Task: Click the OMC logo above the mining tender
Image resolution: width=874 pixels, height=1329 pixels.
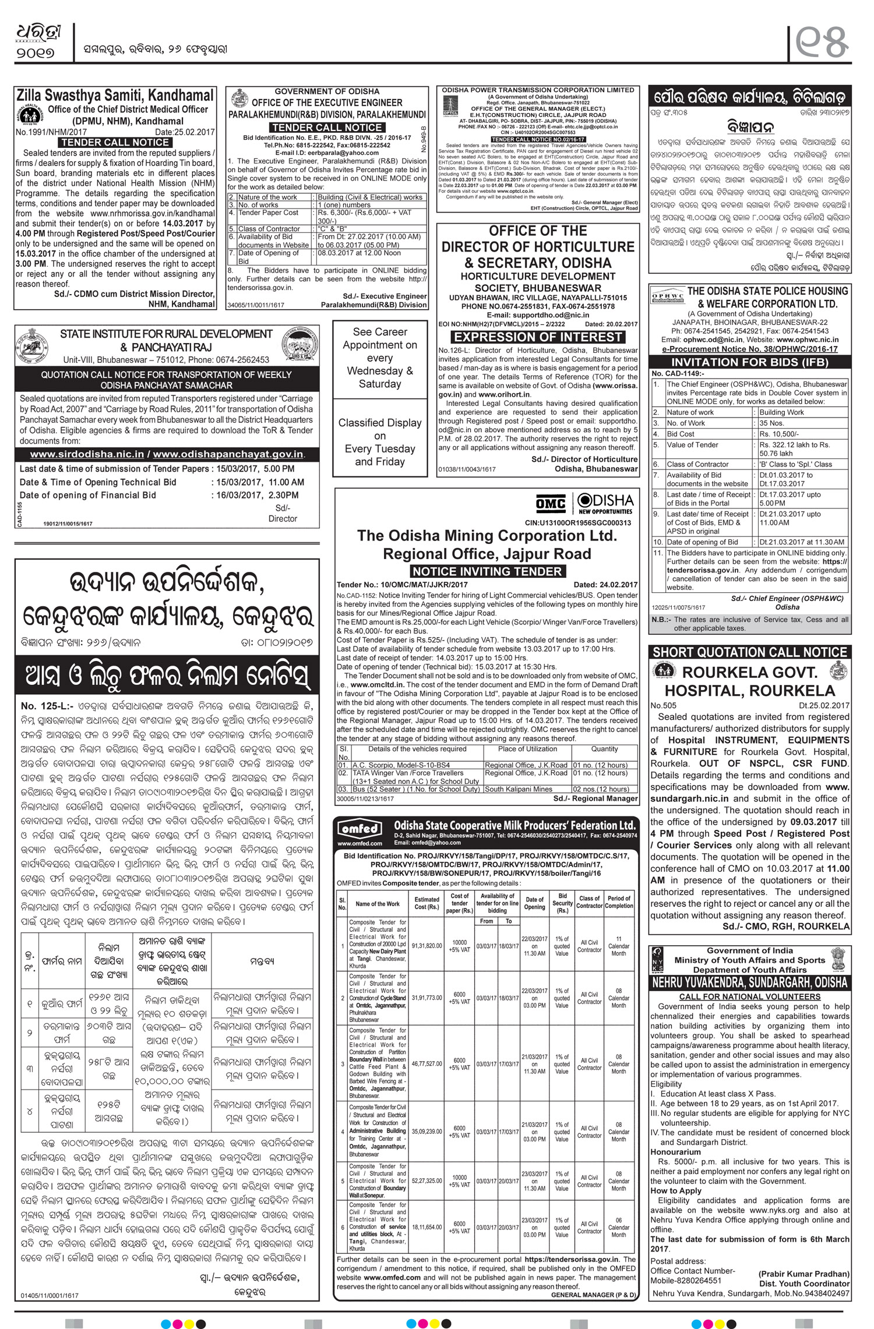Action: [551, 503]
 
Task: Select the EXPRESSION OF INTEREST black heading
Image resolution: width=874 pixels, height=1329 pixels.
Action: [538, 337]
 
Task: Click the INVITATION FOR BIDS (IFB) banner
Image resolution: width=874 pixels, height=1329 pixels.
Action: [750, 362]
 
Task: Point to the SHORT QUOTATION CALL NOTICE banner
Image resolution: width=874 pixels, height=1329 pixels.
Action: [750, 652]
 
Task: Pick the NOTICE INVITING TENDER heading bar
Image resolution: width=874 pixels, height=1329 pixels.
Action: [487, 571]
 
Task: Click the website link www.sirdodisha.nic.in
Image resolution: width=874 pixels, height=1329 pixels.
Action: [87, 454]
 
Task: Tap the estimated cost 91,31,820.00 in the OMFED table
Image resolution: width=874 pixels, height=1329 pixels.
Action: [427, 946]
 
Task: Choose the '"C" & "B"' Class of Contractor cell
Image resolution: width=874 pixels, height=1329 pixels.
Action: [333, 229]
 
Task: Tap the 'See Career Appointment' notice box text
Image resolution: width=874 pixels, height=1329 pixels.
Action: [380, 357]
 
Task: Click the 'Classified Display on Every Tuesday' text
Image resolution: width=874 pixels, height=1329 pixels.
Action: [380, 442]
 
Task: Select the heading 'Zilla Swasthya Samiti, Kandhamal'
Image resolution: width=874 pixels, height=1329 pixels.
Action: [115, 95]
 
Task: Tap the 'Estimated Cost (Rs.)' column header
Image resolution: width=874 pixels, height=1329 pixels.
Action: [427, 903]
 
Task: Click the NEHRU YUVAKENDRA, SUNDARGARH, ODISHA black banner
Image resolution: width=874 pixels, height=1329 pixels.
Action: [750, 983]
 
